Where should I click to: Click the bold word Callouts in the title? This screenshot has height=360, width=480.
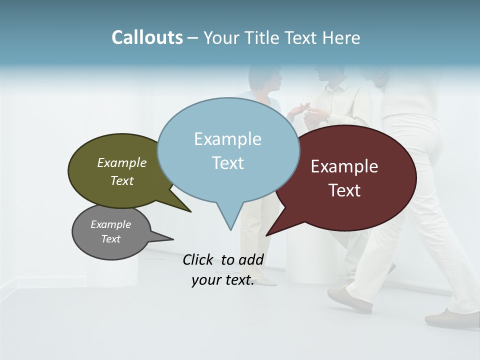click(147, 38)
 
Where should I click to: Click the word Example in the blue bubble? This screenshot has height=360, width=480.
click(227, 139)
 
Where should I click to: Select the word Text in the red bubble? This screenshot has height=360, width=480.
click(344, 190)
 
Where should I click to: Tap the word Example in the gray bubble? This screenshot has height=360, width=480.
click(110, 224)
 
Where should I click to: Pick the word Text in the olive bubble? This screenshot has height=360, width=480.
click(122, 180)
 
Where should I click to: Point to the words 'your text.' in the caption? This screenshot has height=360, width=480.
click(223, 280)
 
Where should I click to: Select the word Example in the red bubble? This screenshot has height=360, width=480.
click(344, 166)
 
